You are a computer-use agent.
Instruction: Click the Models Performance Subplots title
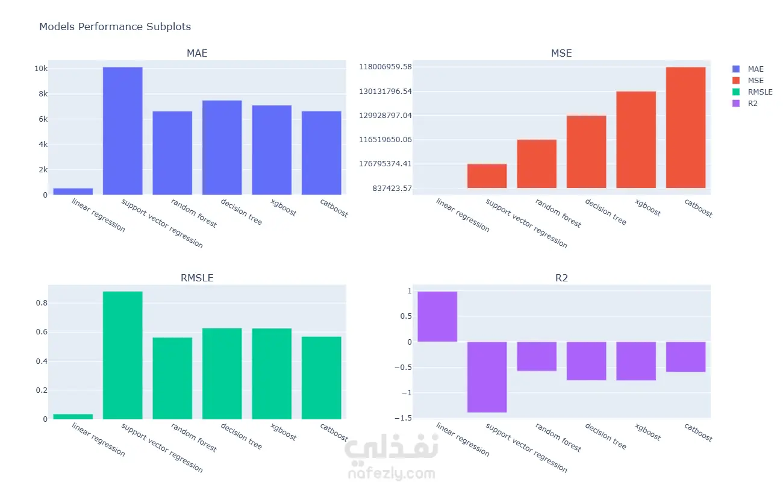(x=114, y=27)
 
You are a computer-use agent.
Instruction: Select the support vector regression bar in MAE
(x=123, y=131)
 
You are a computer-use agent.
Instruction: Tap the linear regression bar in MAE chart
(x=73, y=191)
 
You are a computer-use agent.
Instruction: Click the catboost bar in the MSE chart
(x=685, y=127)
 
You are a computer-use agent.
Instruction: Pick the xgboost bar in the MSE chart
(x=636, y=139)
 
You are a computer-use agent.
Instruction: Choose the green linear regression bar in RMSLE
(x=73, y=416)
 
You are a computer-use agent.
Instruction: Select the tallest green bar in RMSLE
(x=123, y=355)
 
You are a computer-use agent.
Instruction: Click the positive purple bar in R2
(x=437, y=316)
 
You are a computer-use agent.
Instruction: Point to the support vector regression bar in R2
(x=487, y=377)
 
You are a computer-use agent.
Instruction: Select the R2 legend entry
(x=752, y=104)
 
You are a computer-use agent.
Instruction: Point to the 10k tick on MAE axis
(x=40, y=69)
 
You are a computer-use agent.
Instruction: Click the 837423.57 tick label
(x=391, y=188)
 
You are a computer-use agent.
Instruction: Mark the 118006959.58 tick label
(x=385, y=66)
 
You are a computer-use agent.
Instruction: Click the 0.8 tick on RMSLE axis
(x=41, y=303)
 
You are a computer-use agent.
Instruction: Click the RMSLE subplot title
(x=197, y=278)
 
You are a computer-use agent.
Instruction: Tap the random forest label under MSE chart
(x=558, y=214)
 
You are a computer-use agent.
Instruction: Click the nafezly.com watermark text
(x=390, y=474)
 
